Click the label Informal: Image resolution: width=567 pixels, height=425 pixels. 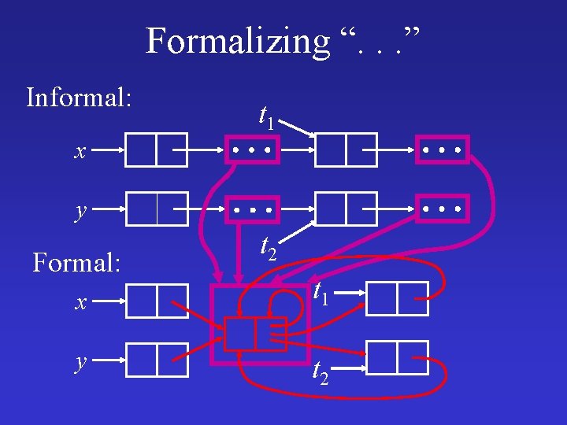(79, 98)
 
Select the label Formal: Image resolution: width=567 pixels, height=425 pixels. (76, 262)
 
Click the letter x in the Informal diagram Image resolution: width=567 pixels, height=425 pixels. (80, 152)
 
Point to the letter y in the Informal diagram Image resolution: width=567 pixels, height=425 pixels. (80, 211)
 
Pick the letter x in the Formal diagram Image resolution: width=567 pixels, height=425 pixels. (80, 302)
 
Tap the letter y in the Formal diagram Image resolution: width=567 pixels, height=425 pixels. (80, 361)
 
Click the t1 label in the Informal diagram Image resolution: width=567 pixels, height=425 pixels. (267, 117)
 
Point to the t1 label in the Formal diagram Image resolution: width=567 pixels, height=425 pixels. (321, 293)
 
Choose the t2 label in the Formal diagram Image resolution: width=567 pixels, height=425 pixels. (321, 370)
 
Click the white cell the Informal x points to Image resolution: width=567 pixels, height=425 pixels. (157, 150)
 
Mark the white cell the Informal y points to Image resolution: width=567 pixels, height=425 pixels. (157, 209)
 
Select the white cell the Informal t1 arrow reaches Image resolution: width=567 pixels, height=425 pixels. (345, 150)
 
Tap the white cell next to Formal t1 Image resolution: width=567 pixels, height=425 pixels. (397, 298)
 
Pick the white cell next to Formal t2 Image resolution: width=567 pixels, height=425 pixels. (397, 357)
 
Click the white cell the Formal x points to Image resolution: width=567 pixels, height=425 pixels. (157, 300)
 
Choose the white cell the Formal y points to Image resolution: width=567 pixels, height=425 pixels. (157, 360)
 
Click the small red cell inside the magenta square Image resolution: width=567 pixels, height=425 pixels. (254, 334)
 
